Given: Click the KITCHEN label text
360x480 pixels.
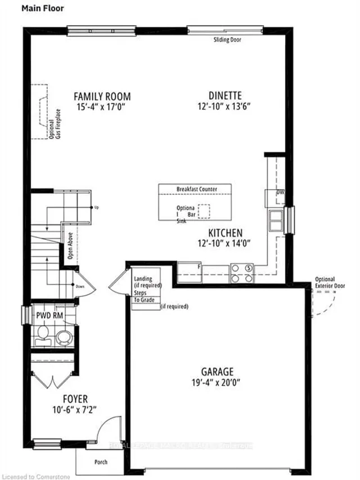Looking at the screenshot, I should (225, 233).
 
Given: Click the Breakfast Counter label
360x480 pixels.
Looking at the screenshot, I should (196, 189).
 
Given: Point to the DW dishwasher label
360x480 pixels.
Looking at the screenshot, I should (280, 193).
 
